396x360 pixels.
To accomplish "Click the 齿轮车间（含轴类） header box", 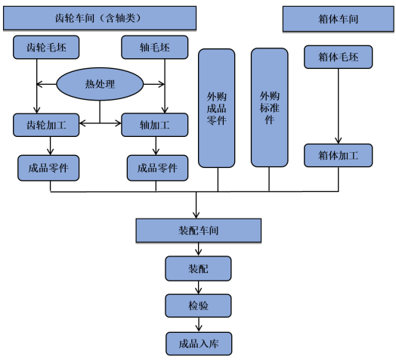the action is [x=100, y=18].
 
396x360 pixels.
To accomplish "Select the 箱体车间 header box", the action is [x=338, y=19].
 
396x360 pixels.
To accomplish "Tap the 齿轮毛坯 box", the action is [x=46, y=48].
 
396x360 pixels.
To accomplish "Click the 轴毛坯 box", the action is [x=155, y=48].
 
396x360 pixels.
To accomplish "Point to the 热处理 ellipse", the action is [x=100, y=84].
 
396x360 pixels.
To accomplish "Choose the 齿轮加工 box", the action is [x=46, y=125].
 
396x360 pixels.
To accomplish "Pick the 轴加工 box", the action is [x=155, y=125].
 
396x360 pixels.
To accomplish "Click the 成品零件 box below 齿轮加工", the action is [x=48, y=168].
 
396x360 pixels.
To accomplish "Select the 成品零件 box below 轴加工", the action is [x=157, y=168].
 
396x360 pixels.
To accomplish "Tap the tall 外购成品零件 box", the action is [x=216, y=108].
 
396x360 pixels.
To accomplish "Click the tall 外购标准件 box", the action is [x=270, y=107].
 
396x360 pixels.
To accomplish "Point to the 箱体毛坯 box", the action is [x=338, y=57].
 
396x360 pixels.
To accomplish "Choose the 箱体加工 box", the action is [x=338, y=155].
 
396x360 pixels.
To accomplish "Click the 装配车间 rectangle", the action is [x=199, y=231].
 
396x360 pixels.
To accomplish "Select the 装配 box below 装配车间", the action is [x=198, y=268].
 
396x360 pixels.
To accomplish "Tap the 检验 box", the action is [x=198, y=306].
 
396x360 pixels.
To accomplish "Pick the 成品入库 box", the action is [x=199, y=344].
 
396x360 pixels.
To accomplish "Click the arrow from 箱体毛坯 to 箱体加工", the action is [x=338, y=106].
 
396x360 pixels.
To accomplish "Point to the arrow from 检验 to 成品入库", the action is [x=199, y=325].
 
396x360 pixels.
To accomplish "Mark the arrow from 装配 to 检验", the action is [x=199, y=287].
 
